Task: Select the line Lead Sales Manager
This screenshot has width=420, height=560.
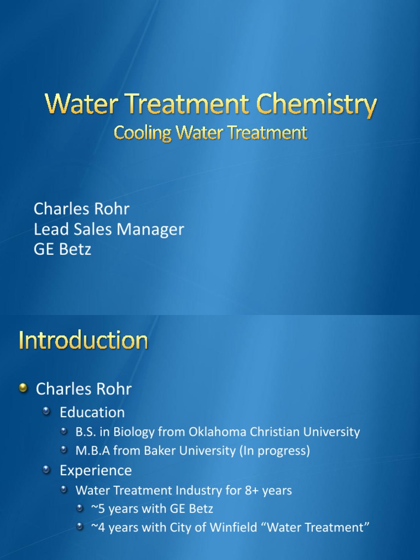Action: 109,229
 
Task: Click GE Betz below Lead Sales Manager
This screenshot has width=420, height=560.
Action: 62,249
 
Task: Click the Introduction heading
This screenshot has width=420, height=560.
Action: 83,341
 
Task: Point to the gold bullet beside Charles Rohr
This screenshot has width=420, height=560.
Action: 23,388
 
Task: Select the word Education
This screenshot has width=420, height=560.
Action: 92,412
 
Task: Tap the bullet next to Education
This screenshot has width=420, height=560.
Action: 48,411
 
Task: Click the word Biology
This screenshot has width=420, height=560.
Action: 136,431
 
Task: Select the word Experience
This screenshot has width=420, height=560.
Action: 96,470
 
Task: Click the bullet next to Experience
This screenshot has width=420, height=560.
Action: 48,470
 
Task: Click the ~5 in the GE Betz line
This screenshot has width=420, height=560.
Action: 98,509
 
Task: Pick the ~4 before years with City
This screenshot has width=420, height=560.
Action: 98,528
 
